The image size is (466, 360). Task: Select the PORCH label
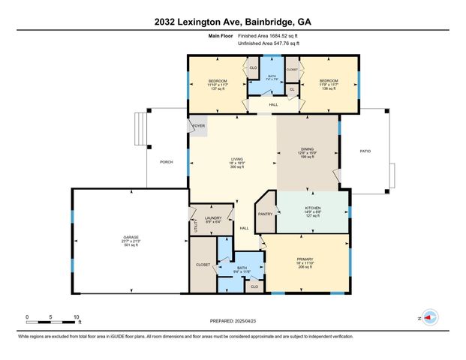pyautogui.click(x=167, y=161)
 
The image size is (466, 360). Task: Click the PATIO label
pyautogui.click(x=365, y=151)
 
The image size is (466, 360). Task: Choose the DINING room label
pyautogui.click(x=305, y=150)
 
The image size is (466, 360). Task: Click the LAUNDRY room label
pyautogui.click(x=213, y=218)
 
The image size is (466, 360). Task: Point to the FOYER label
pyautogui.click(x=199, y=126)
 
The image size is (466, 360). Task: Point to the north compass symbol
pyautogui.click(x=430, y=317)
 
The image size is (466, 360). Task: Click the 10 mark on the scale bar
pyautogui.click(x=76, y=316)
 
